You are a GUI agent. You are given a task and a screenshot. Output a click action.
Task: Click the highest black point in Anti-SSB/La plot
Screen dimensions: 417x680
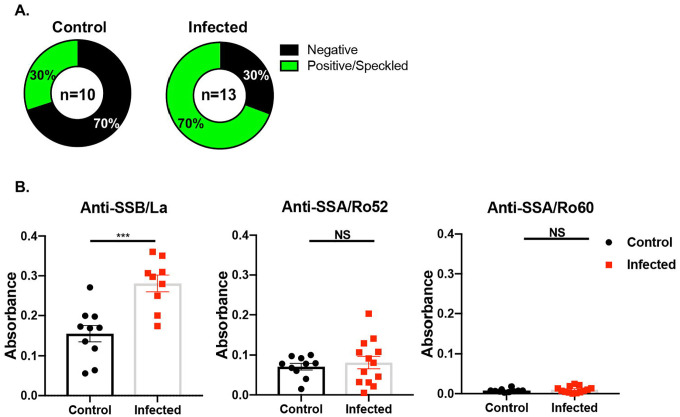pos(89,288)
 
